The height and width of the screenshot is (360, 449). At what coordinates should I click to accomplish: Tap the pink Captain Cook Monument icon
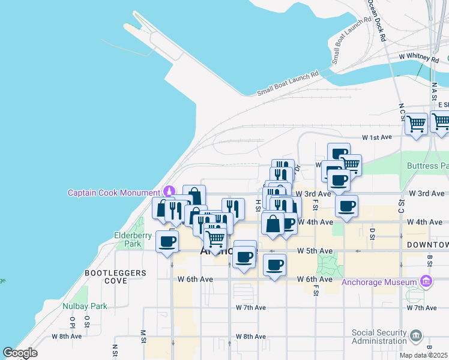(169, 192)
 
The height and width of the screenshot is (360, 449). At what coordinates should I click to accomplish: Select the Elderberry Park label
(133, 239)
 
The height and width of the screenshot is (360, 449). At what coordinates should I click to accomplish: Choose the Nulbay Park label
(85, 306)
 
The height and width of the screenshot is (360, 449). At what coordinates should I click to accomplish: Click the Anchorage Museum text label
(379, 283)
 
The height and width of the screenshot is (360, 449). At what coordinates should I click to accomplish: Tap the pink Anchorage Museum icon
(426, 281)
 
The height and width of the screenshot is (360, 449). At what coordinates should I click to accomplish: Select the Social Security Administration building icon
(416, 335)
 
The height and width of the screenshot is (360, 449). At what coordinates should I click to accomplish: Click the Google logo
(20, 353)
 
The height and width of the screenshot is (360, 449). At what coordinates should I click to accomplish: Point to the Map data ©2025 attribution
(423, 355)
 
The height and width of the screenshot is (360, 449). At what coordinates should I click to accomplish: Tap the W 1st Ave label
(376, 137)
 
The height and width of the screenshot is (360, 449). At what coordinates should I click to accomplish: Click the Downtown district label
(427, 245)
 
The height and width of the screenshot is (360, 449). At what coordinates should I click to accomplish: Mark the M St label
(143, 332)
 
